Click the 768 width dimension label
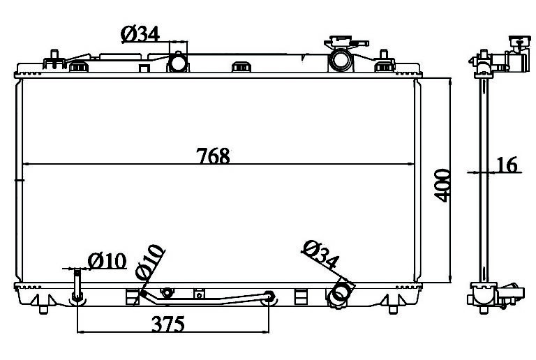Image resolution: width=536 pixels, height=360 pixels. [x=213, y=156]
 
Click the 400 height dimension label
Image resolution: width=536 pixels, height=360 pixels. [x=442, y=186]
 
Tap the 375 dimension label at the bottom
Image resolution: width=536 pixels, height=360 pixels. [x=168, y=324]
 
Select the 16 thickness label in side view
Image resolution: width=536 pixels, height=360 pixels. [x=507, y=165]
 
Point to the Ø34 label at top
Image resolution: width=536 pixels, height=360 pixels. [x=140, y=34]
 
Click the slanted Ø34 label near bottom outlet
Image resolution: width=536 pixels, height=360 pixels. [x=320, y=255]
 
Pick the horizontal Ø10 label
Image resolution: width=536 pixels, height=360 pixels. [x=107, y=262]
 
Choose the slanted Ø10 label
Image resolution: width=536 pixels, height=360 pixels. [x=150, y=262]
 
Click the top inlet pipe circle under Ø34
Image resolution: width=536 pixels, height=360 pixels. [x=178, y=63]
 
